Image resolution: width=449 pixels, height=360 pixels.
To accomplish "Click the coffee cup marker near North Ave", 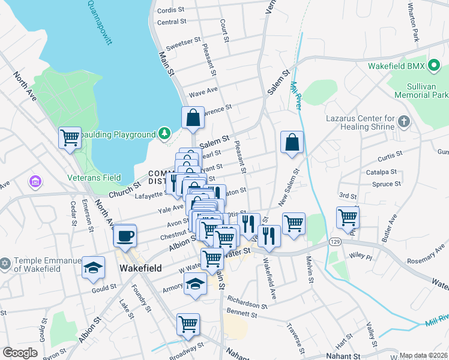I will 125,235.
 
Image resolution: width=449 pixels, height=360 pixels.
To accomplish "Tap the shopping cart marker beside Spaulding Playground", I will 70,137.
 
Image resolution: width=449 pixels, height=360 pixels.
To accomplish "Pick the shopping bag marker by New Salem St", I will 292,143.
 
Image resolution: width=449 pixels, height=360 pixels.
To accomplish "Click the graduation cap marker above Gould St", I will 93,268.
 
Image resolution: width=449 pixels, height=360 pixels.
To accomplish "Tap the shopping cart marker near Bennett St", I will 188,325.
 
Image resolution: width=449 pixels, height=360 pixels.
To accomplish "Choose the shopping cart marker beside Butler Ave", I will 348,218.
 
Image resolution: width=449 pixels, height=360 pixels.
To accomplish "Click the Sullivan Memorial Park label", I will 422,91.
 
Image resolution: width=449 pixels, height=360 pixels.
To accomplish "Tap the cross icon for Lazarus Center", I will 404,122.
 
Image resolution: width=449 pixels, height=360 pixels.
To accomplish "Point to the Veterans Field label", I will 94,177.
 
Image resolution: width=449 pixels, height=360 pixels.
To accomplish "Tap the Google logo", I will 20,352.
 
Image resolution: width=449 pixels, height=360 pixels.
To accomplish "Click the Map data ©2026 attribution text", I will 423,355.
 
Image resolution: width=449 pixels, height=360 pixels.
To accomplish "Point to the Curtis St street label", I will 390,157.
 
